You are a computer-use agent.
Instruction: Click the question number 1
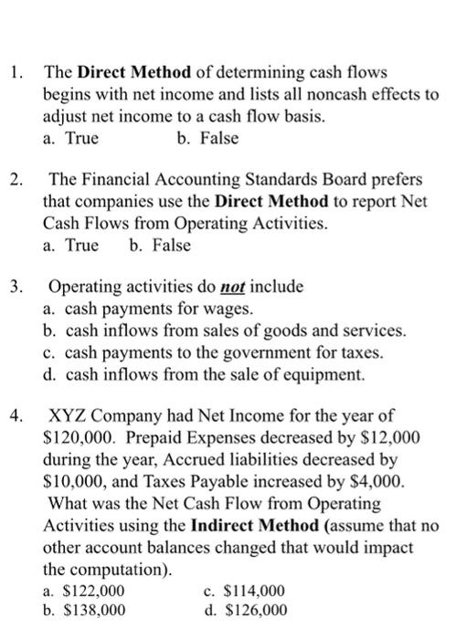click(14, 71)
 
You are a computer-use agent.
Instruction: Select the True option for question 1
click(71, 139)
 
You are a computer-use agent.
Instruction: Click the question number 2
click(14, 179)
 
